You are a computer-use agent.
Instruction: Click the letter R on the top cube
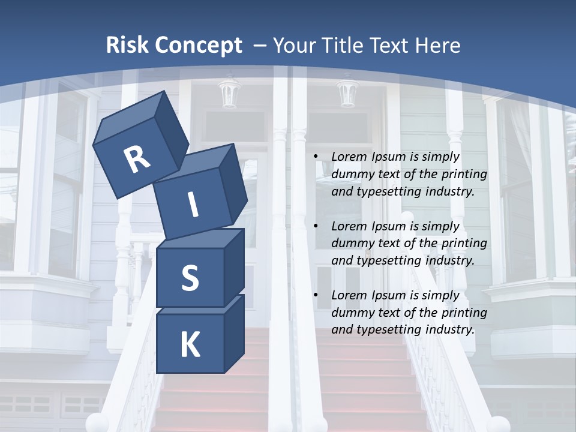pyautogui.click(x=137, y=160)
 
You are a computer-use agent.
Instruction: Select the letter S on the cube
pyautogui.click(x=190, y=278)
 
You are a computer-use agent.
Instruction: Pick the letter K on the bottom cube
pyautogui.click(x=190, y=345)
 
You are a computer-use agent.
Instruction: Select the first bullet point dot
pyautogui.click(x=316, y=157)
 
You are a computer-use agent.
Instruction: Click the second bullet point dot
pyautogui.click(x=316, y=227)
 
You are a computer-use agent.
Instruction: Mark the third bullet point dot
pyautogui.click(x=316, y=296)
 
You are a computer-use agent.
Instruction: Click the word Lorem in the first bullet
pyautogui.click(x=349, y=157)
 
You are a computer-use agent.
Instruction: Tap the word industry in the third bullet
pyautogui.click(x=451, y=329)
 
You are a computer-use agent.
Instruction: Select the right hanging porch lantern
pyautogui.click(x=347, y=93)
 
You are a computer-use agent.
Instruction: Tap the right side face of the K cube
pyautogui.click(x=234, y=333)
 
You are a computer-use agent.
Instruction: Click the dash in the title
pyautogui.click(x=261, y=46)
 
